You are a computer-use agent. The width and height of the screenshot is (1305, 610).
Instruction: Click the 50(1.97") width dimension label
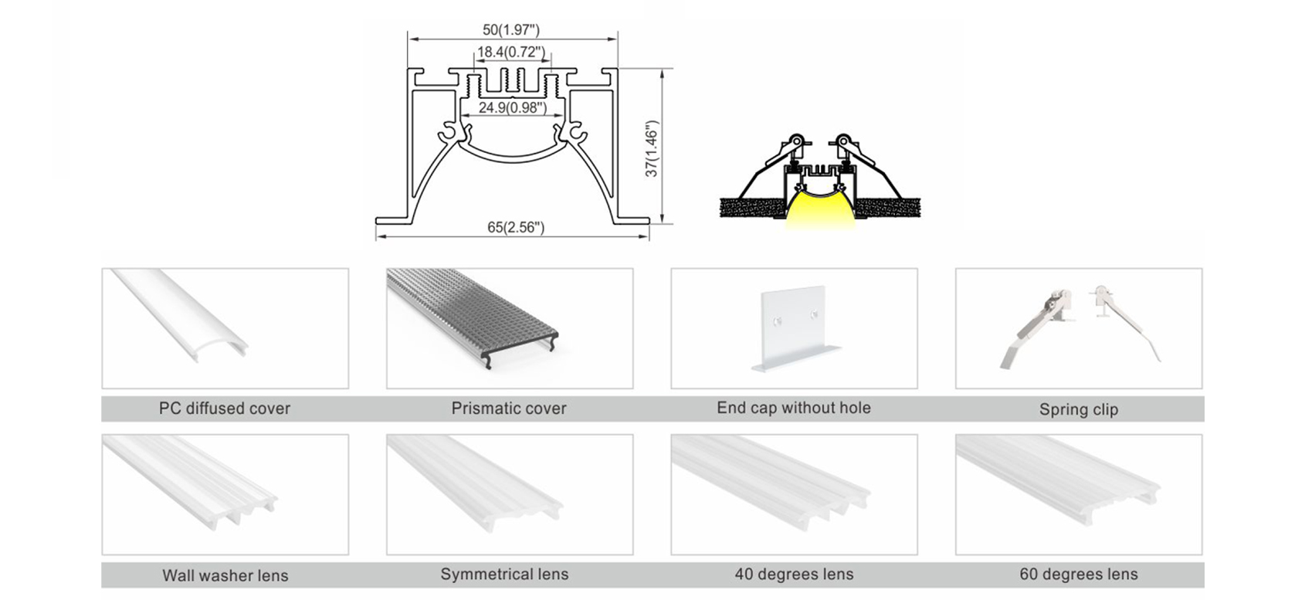(x=511, y=29)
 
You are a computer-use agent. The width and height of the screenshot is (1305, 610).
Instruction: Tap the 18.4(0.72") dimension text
(x=511, y=53)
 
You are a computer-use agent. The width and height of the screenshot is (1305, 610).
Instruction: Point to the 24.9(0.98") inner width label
(x=513, y=108)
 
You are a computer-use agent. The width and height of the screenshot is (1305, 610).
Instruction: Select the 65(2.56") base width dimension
(x=516, y=227)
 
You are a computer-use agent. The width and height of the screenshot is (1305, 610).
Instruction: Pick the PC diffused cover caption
(x=224, y=408)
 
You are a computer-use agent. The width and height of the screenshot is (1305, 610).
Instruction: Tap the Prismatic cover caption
(x=509, y=408)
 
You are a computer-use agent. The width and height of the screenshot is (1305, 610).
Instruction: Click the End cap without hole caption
(x=794, y=408)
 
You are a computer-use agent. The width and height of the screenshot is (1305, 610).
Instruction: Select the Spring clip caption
(x=1079, y=409)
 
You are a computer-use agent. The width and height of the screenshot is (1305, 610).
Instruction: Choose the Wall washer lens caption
(x=225, y=575)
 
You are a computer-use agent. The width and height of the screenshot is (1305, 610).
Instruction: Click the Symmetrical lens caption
(x=504, y=574)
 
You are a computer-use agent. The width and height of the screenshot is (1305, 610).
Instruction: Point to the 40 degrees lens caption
(x=794, y=574)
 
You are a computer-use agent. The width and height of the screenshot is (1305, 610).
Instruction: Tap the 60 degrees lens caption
(x=1079, y=574)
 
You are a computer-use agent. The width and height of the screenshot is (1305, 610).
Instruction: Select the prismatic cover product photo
(x=472, y=317)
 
